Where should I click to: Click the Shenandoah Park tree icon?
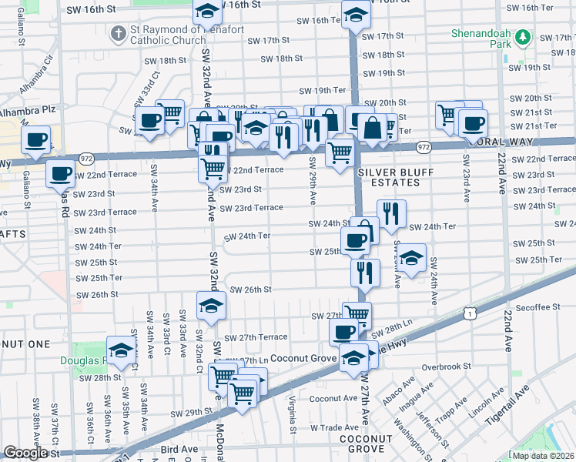pos(523,38)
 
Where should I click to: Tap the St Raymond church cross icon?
pos(118,34)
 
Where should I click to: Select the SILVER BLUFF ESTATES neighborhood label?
pos(388,176)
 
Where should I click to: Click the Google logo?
pos(25,453)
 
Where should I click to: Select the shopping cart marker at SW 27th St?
pos(357,313)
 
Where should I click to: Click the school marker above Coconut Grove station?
pos(353,357)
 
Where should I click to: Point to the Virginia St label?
pos(293,414)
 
